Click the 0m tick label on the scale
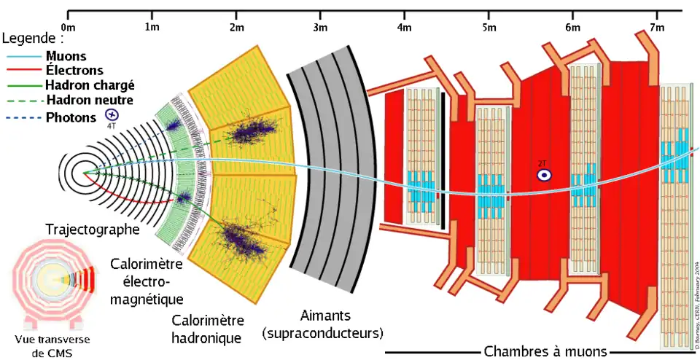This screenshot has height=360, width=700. click(x=69, y=28)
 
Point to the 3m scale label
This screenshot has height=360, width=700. click(x=320, y=28)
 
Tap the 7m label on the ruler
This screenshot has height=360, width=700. click(x=656, y=28)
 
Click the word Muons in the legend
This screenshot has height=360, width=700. click(x=66, y=56)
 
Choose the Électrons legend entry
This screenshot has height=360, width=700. click(x=74, y=71)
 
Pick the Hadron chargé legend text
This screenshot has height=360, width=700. click(x=90, y=86)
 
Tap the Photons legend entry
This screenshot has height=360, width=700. click(x=70, y=117)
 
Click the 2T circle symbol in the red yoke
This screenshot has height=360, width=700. click(x=543, y=175)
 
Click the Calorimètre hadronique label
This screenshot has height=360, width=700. click(x=207, y=329)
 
